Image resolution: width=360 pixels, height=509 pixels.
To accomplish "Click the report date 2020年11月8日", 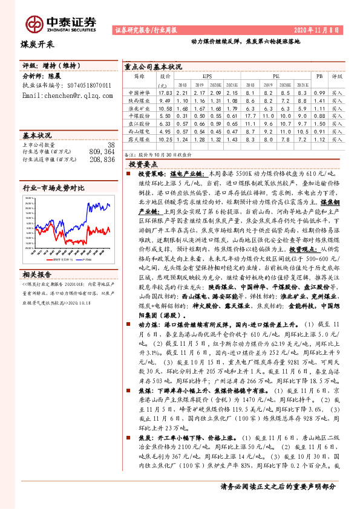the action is tap(324, 29).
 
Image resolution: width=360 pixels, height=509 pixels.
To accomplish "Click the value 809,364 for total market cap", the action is tap(101, 152).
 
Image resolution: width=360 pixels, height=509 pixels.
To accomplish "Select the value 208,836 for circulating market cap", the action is tap(101, 160).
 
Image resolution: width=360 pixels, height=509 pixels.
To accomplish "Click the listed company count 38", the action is tap(110, 145).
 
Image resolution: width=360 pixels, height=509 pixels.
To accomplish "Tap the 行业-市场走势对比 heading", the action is tap(53, 188).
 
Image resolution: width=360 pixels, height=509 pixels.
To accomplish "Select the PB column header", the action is tap(319, 77).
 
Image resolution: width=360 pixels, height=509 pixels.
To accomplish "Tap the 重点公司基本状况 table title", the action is tap(152, 66).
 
